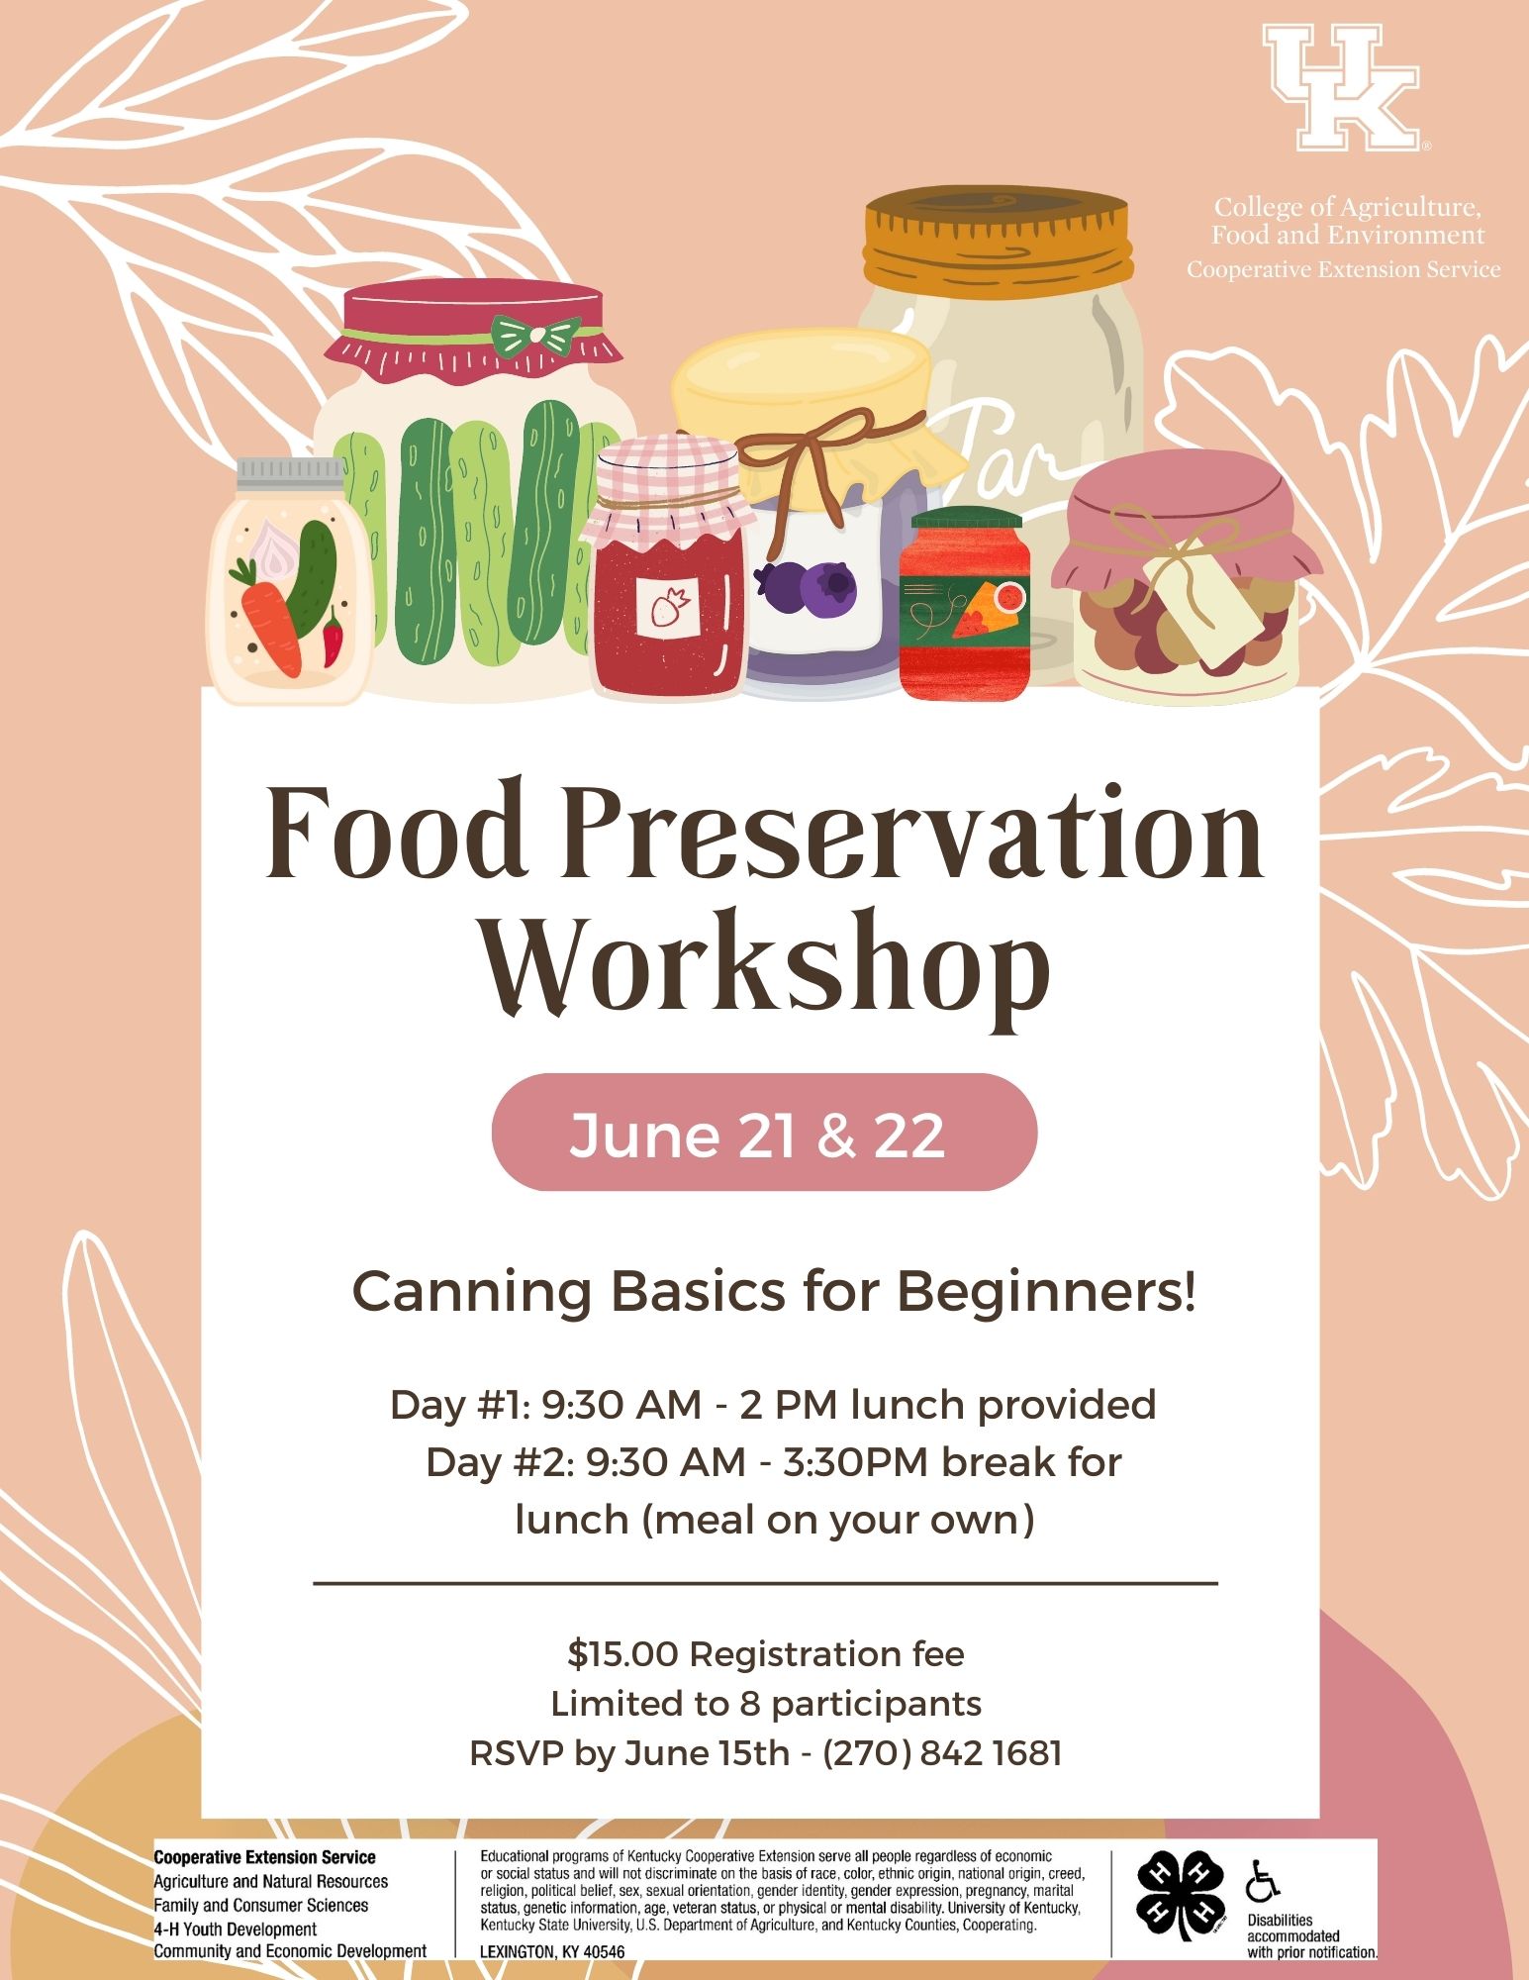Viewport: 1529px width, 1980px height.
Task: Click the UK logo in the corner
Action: tap(1342, 87)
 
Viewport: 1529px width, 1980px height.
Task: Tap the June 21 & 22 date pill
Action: tap(764, 1132)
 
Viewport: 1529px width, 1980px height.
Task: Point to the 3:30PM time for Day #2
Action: tap(857, 1461)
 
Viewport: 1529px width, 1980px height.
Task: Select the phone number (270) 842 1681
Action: tap(942, 1752)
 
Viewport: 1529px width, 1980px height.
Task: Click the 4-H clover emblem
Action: tap(1178, 1895)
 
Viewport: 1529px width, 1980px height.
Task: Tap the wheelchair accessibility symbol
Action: tap(1262, 1880)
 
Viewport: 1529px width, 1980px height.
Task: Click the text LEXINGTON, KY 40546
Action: tap(552, 1951)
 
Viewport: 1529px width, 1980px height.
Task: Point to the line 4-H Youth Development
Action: tap(236, 1929)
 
